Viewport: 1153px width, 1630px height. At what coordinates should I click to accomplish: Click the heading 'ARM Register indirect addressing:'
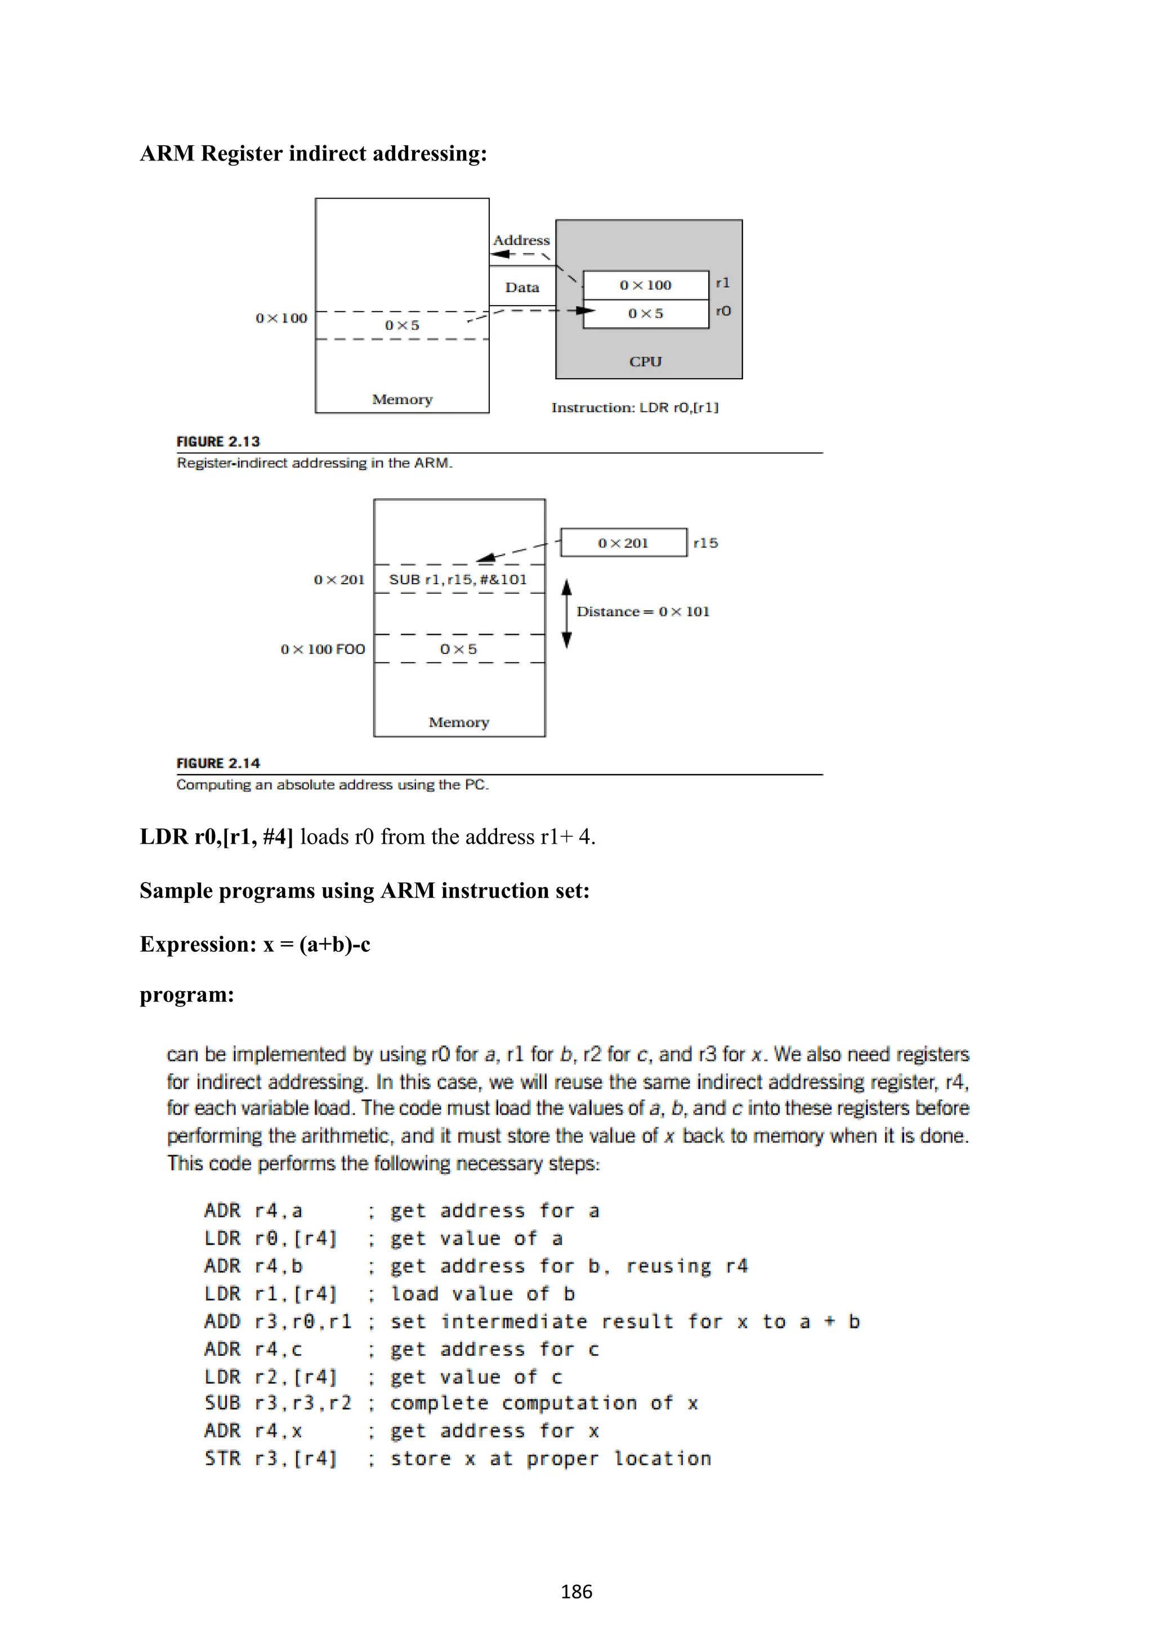tap(313, 153)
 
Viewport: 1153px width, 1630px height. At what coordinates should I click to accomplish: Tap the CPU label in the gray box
tap(645, 361)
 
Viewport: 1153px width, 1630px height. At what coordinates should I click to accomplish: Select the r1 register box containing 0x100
tap(645, 285)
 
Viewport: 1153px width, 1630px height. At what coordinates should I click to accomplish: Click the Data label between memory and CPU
tap(522, 288)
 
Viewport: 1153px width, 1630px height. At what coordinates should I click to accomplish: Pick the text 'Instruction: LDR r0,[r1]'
tap(634, 407)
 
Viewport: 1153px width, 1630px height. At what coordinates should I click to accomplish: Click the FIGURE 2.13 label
tap(218, 442)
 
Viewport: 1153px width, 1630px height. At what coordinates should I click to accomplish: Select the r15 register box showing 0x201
tap(623, 543)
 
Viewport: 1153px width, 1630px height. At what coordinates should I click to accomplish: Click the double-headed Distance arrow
tap(566, 614)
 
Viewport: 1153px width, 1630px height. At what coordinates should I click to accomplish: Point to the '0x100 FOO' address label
tap(323, 649)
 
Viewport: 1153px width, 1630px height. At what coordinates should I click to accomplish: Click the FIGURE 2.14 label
tap(218, 763)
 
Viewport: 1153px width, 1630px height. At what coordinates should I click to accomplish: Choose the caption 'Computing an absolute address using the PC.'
tap(332, 785)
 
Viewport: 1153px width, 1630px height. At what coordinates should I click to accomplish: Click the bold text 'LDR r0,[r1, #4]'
tap(216, 837)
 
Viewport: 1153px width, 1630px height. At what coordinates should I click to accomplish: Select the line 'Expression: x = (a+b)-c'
tap(255, 944)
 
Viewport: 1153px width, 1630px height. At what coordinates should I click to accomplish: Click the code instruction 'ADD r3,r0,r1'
tap(278, 1322)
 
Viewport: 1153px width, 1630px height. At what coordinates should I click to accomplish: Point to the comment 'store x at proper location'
tap(550, 1459)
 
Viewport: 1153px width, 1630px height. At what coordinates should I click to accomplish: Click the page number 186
tap(576, 1592)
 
